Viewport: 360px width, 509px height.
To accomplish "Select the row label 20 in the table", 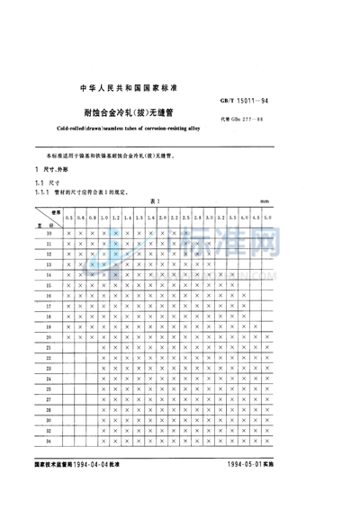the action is coord(49,336).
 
